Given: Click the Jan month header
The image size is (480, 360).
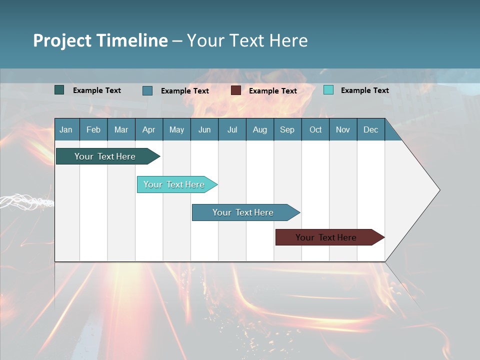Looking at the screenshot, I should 66,130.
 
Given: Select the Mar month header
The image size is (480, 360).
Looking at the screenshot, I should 121,130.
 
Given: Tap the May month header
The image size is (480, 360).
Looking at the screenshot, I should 176,130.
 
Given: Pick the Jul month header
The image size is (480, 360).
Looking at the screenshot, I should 232,130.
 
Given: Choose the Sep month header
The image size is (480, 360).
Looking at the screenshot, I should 287,130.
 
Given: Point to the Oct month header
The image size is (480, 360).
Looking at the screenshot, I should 315,130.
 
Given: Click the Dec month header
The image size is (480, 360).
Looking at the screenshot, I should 370,130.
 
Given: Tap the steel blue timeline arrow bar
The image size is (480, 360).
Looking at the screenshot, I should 243,212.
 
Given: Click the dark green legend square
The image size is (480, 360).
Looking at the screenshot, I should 59,90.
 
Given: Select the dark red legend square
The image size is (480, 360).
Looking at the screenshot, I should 236,90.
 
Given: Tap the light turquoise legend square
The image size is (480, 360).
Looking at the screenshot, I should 328,90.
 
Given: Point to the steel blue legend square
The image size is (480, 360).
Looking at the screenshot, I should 147,90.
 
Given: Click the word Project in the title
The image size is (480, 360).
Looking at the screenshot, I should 62,40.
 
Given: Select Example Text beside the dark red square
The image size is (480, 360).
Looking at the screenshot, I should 272,91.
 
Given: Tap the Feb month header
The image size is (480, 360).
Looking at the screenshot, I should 93,130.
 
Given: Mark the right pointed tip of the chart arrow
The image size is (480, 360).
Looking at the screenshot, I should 439,190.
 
